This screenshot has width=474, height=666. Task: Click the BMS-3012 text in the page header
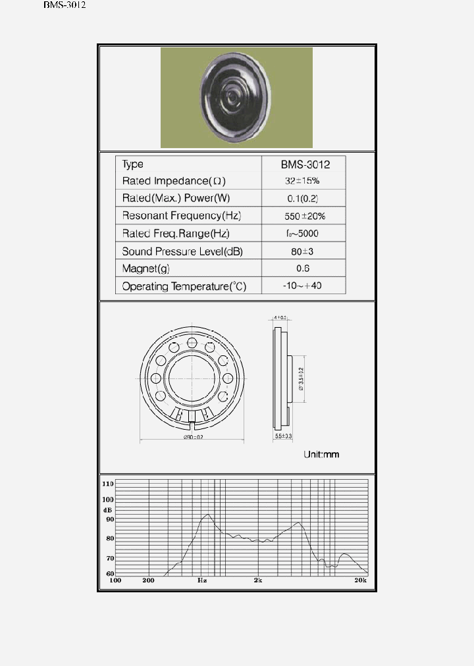65,5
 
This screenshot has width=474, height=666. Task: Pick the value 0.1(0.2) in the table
303,198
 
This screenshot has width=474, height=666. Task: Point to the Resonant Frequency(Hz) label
180,216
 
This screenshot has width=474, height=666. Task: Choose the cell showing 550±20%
303,216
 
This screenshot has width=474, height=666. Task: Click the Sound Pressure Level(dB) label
182,251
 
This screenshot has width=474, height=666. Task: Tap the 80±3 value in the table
303,251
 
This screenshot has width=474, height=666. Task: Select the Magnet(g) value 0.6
303,269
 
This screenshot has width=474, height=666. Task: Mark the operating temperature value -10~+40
303,286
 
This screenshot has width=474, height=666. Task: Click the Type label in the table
132,164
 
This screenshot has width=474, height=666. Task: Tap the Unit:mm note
321,455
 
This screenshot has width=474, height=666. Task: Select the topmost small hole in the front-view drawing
192,343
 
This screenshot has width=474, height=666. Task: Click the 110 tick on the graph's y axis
108,483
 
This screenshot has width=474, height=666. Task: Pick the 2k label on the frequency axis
258,580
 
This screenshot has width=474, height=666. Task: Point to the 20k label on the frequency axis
360,580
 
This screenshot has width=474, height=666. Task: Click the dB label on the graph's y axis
107,510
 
